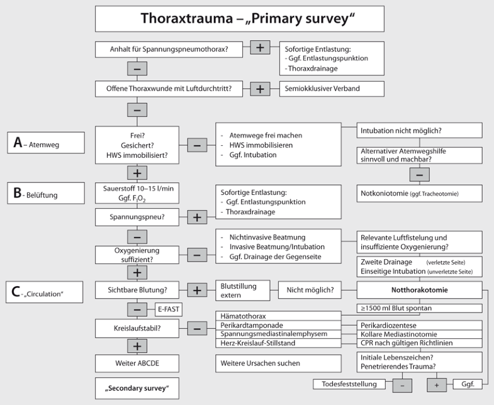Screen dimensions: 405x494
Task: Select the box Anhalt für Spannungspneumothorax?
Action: pyautogui.click(x=168, y=48)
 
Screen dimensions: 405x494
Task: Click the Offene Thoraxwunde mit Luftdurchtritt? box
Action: pyautogui.click(x=168, y=88)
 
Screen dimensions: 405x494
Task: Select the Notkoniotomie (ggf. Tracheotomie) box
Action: pyautogui.click(x=420, y=192)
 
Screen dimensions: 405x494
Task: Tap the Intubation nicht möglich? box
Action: pyautogui.click(x=420, y=130)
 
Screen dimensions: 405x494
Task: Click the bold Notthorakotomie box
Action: pyautogui.click(x=420, y=291)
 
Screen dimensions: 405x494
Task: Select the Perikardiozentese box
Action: pyautogui.click(x=420, y=325)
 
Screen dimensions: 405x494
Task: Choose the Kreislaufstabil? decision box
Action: pyautogui.click(x=137, y=328)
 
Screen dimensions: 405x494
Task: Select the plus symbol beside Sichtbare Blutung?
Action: pyautogui.click(x=196, y=291)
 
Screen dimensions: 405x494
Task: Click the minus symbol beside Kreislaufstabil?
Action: pyautogui.click(x=196, y=328)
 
